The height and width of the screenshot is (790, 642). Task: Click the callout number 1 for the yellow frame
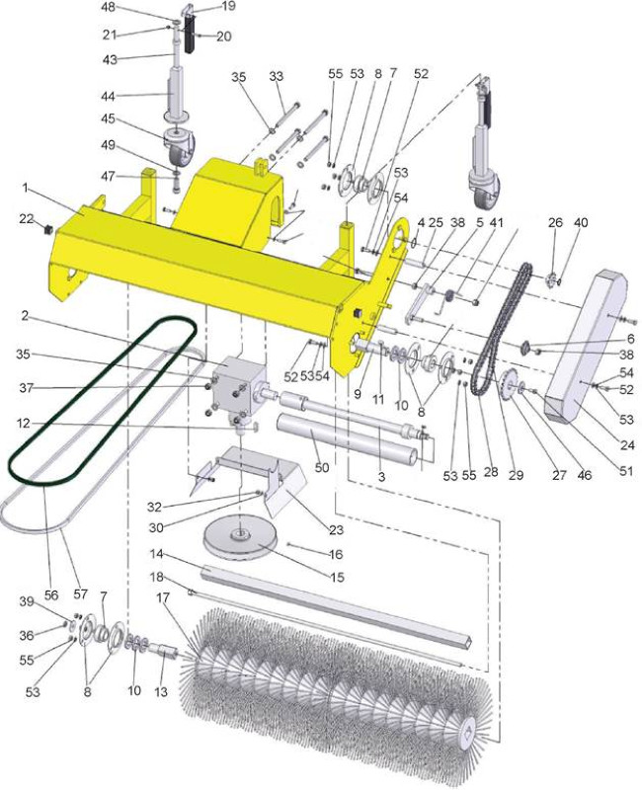pyautogui.click(x=25, y=188)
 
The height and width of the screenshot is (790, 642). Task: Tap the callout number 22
pyautogui.click(x=26, y=219)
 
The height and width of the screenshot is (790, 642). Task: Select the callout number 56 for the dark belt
pyautogui.click(x=51, y=595)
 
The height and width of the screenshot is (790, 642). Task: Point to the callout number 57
pyautogui.click(x=81, y=594)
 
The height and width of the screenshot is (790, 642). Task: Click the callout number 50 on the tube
pyautogui.click(x=322, y=467)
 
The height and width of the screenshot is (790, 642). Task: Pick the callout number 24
pyautogui.click(x=626, y=445)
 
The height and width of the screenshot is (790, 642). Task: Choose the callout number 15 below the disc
pyautogui.click(x=337, y=577)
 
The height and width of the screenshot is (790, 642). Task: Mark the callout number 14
pyautogui.click(x=157, y=554)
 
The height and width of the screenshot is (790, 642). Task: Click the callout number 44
pyautogui.click(x=109, y=96)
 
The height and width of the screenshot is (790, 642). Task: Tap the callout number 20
pyautogui.click(x=224, y=37)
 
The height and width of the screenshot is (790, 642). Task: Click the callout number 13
pyautogui.click(x=161, y=692)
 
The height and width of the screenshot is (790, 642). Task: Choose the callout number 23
pyautogui.click(x=336, y=529)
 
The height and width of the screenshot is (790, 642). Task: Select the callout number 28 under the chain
pyautogui.click(x=491, y=471)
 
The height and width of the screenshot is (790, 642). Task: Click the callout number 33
pyautogui.click(x=277, y=76)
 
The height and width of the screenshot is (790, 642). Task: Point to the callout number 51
pyautogui.click(x=626, y=471)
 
